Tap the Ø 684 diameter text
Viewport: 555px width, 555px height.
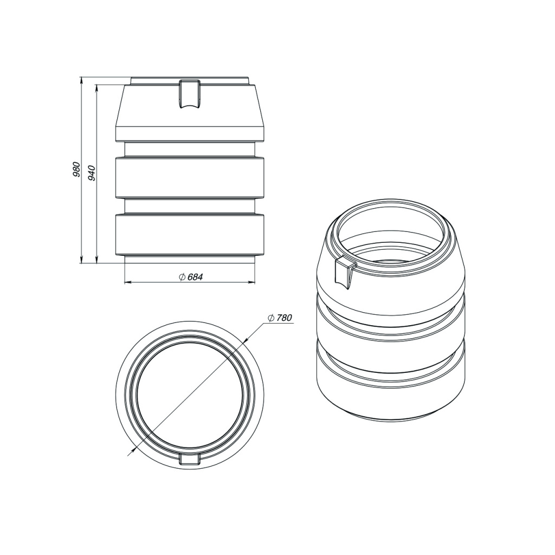tap(191, 277)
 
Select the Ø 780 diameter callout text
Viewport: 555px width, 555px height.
tap(280, 318)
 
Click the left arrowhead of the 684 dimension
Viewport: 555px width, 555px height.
tap(128, 282)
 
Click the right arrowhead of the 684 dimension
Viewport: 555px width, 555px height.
tap(251, 282)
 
